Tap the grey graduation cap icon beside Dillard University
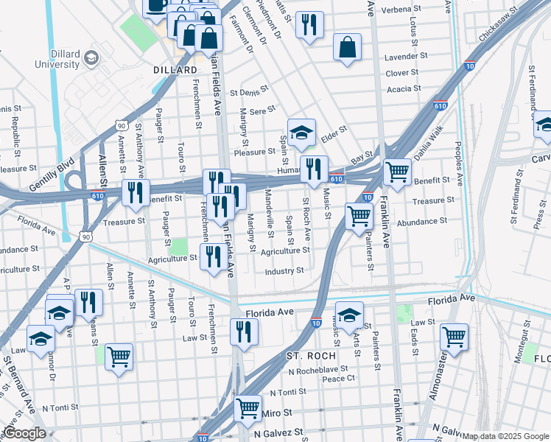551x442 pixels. click(91, 57)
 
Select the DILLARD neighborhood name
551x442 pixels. click(175, 70)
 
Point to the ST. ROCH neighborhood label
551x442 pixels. click(311, 356)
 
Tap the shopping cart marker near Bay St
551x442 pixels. click(397, 172)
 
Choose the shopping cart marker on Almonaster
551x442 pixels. click(454, 337)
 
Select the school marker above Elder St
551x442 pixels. click(301, 133)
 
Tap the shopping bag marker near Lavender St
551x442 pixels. click(347, 47)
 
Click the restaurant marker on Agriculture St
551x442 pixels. click(214, 257)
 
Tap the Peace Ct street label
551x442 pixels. click(339, 378)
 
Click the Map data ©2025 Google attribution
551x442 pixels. click(505, 436)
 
